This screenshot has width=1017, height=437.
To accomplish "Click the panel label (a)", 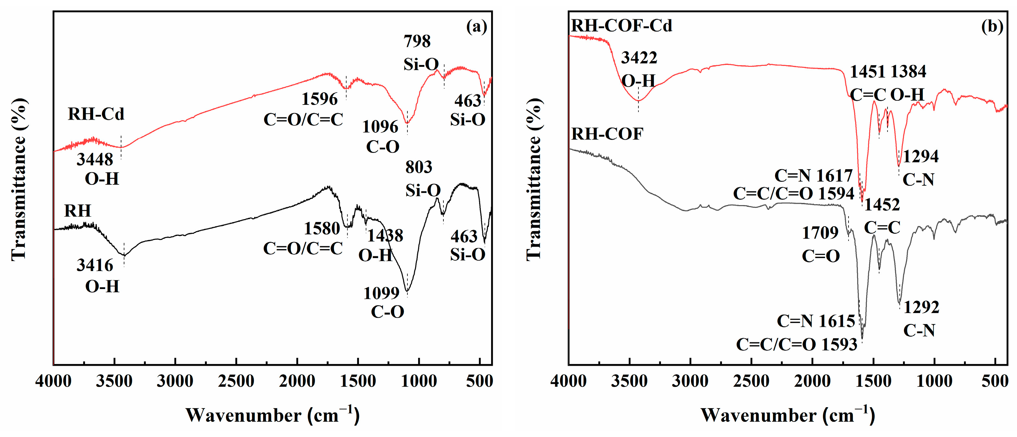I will tap(477, 27).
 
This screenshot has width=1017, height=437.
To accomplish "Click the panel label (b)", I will tap(992, 27).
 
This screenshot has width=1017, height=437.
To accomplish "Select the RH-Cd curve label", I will tap(96, 114).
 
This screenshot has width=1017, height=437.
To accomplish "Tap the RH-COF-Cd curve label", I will tap(621, 26).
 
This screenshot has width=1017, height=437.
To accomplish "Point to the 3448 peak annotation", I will tap(95, 159).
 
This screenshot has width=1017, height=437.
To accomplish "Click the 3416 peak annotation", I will tap(95, 265).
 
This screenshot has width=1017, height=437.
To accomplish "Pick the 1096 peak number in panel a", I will tap(380, 127).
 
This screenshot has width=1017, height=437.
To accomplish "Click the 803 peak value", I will tap(418, 168).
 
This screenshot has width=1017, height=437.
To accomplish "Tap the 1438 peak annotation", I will tap(385, 236).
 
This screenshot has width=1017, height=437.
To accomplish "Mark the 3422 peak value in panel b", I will tap(639, 58).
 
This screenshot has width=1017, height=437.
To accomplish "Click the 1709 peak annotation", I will tap(820, 233).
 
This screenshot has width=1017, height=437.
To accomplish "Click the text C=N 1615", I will tap(816, 321).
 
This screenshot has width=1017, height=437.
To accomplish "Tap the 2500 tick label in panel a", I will tap(236, 381).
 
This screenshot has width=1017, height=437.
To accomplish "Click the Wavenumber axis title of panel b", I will tap(787, 415).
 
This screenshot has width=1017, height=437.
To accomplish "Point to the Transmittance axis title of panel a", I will tap(19, 180).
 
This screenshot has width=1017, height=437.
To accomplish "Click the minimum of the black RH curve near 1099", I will tap(407, 291).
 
